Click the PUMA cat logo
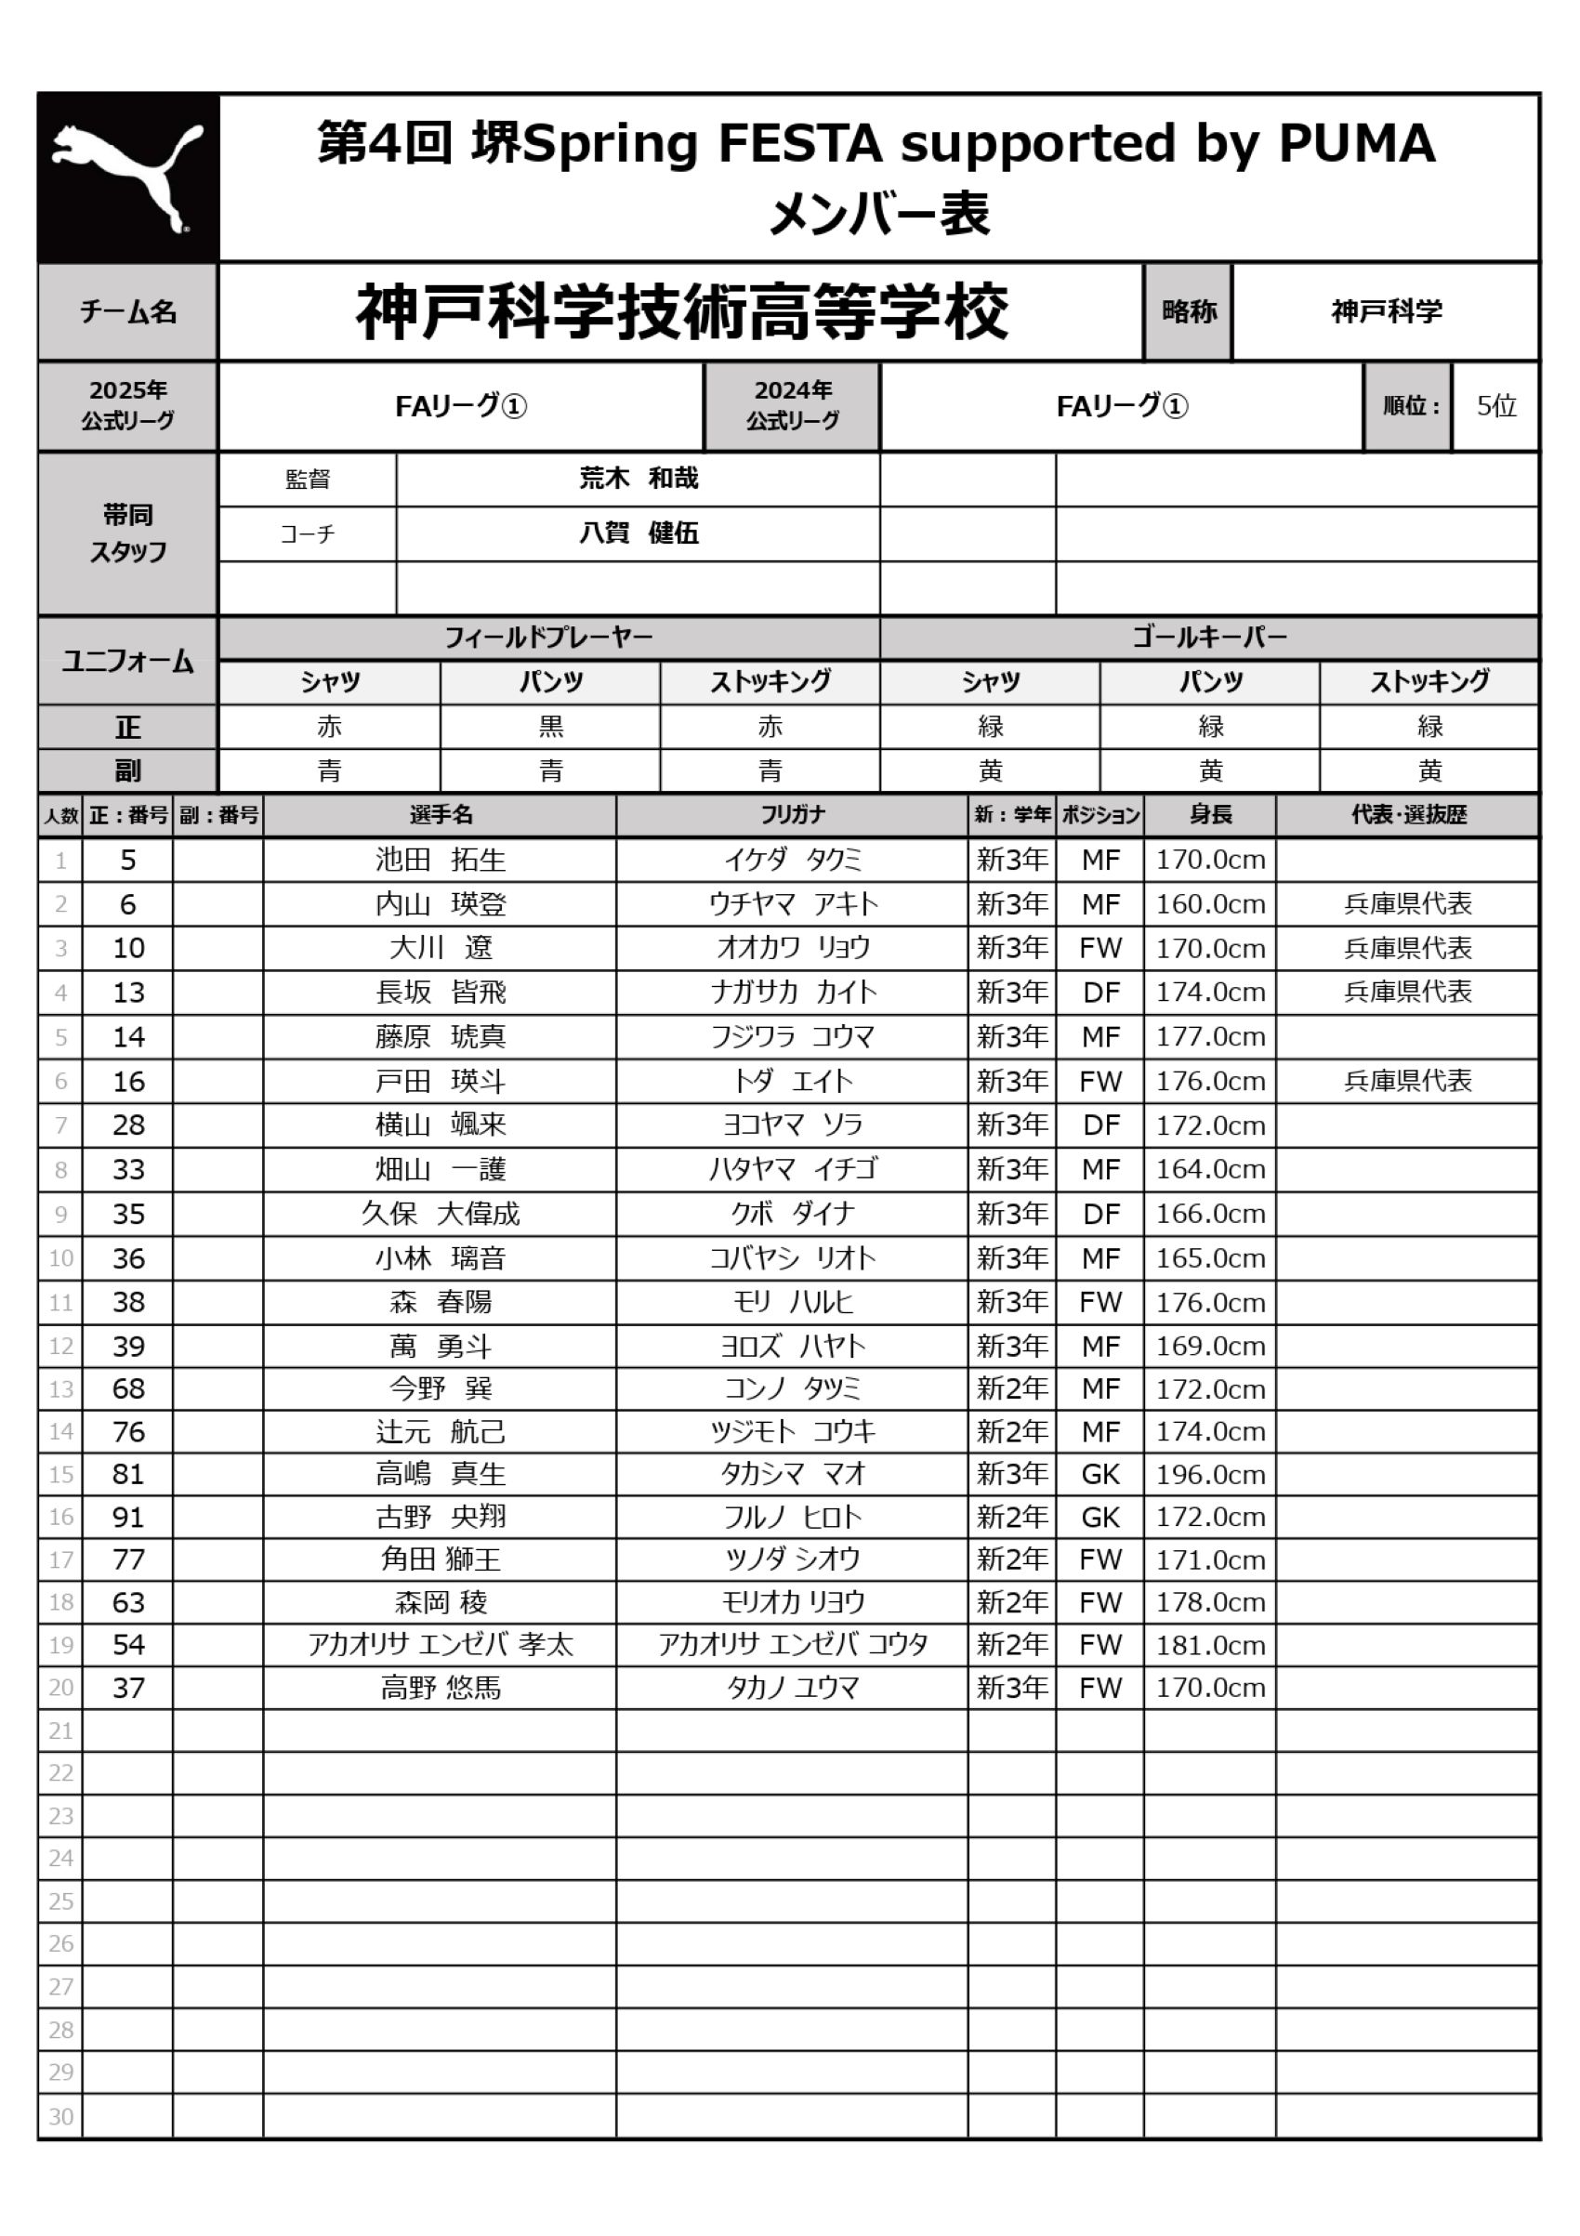click(x=127, y=178)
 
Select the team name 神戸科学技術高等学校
click(x=681, y=311)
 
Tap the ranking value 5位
click(x=1495, y=406)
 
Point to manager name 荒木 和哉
click(x=639, y=479)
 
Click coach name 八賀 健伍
click(x=639, y=533)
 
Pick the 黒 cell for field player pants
click(x=550, y=727)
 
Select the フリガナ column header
click(x=792, y=815)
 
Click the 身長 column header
click(x=1210, y=815)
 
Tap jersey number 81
click(x=127, y=1473)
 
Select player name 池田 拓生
click(x=441, y=860)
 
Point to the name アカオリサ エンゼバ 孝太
click(x=441, y=1645)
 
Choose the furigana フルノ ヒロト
click(x=792, y=1518)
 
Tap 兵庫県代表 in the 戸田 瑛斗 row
click(x=1407, y=1081)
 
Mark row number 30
click(x=60, y=2116)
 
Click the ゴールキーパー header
click(x=1209, y=638)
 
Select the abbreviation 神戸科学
click(x=1386, y=311)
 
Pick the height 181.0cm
click(x=1210, y=1646)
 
